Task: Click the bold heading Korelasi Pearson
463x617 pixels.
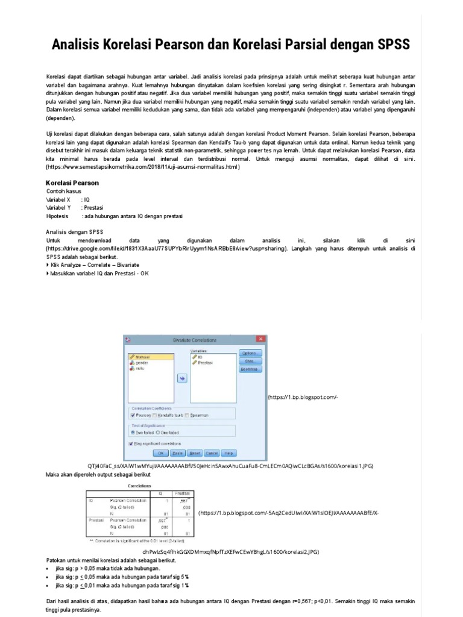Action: point(72,183)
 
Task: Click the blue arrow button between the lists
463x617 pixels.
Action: point(181,378)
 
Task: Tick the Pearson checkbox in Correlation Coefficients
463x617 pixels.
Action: point(133,415)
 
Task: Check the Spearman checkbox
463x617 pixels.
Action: point(187,415)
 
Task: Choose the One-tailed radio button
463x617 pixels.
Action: point(157,432)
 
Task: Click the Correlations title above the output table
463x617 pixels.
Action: point(140,484)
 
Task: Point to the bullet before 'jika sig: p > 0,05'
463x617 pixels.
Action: point(48,568)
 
